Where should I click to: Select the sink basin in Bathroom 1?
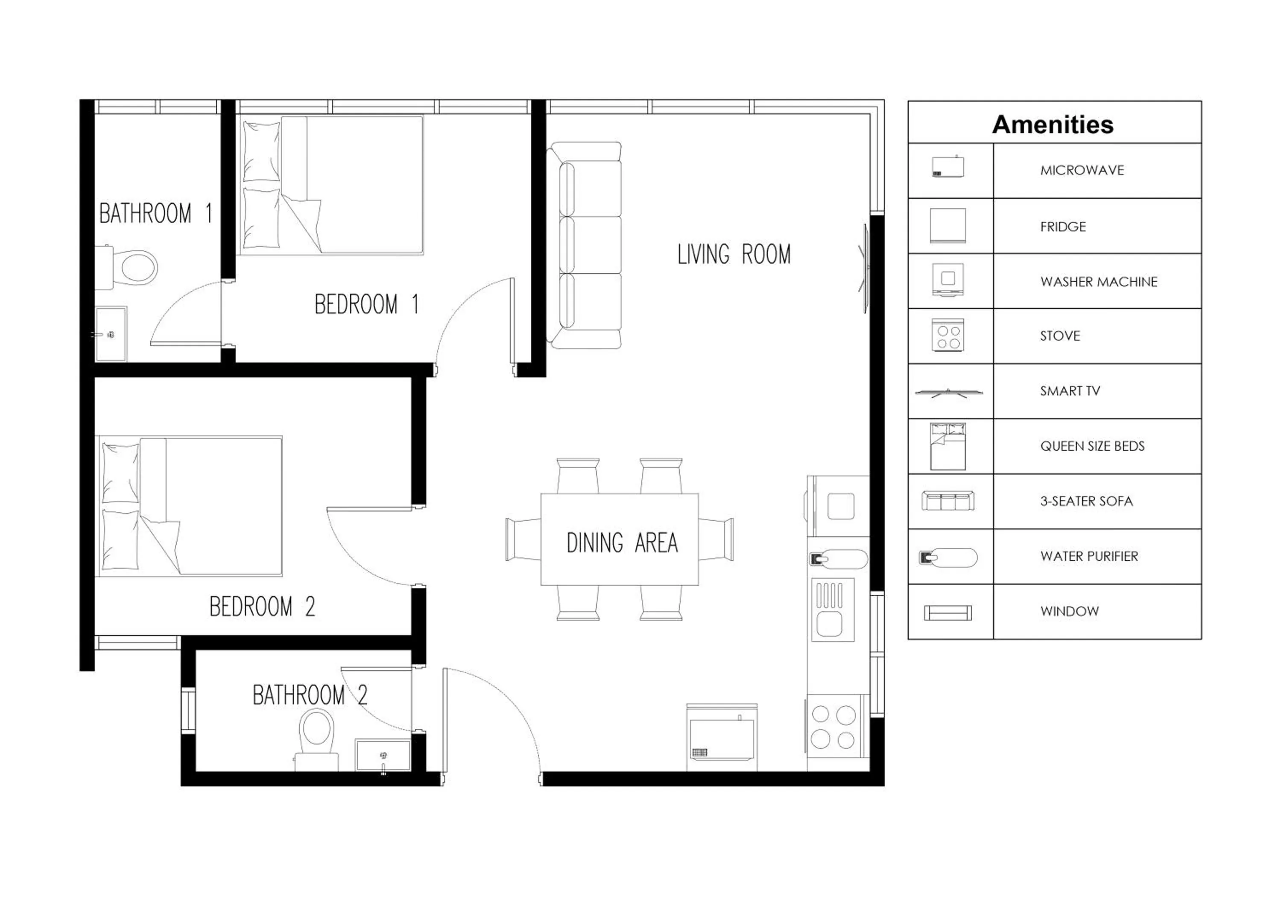tap(111, 335)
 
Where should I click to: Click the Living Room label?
tap(734, 255)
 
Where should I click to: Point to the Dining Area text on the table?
tap(622, 543)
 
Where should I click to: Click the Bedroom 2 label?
tap(262, 607)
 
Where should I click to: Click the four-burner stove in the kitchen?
tap(834, 727)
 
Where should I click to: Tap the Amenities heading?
tap(1052, 124)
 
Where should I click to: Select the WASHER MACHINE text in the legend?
tap(1099, 282)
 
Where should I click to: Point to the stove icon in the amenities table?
tap(948, 336)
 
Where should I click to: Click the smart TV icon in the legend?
tap(948, 393)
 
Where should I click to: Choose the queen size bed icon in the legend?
tap(948, 446)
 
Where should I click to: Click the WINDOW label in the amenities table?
tap(1069, 612)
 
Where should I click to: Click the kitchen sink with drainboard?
tap(832, 610)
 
